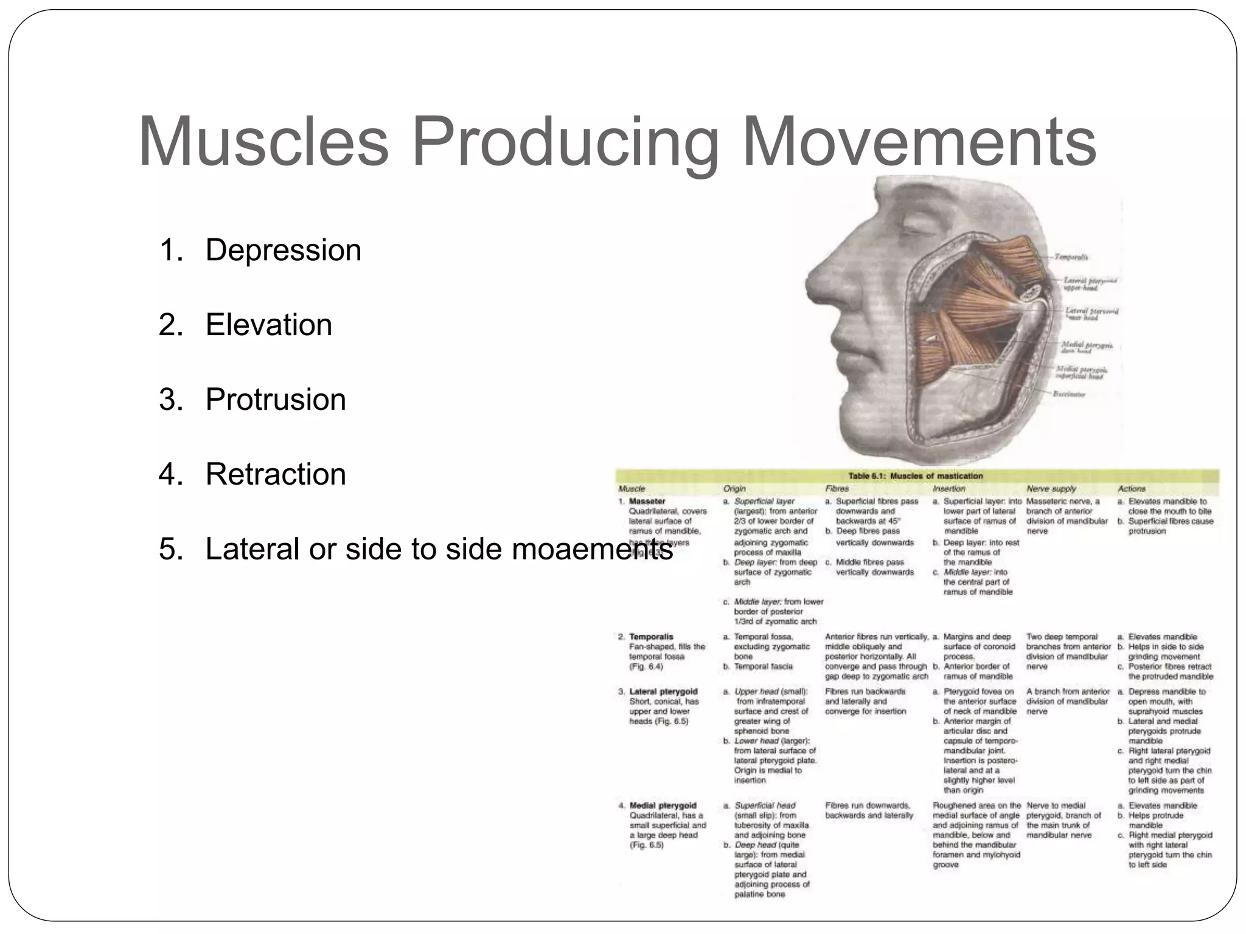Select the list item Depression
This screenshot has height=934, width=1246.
click(x=283, y=250)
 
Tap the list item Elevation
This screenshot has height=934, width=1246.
click(x=268, y=325)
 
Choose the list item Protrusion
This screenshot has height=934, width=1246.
click(x=275, y=400)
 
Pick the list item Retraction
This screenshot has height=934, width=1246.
click(x=275, y=474)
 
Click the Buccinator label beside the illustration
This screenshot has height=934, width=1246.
click(x=1069, y=394)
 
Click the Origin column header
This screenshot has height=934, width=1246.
click(x=734, y=488)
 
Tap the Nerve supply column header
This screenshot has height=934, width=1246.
click(x=1051, y=488)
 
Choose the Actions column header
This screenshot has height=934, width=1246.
click(x=1131, y=488)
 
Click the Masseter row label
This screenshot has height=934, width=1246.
click(x=647, y=502)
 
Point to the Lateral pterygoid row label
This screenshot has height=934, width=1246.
click(x=663, y=691)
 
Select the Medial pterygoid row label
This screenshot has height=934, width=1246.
click(x=663, y=806)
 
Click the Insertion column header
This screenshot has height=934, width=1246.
click(x=948, y=488)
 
